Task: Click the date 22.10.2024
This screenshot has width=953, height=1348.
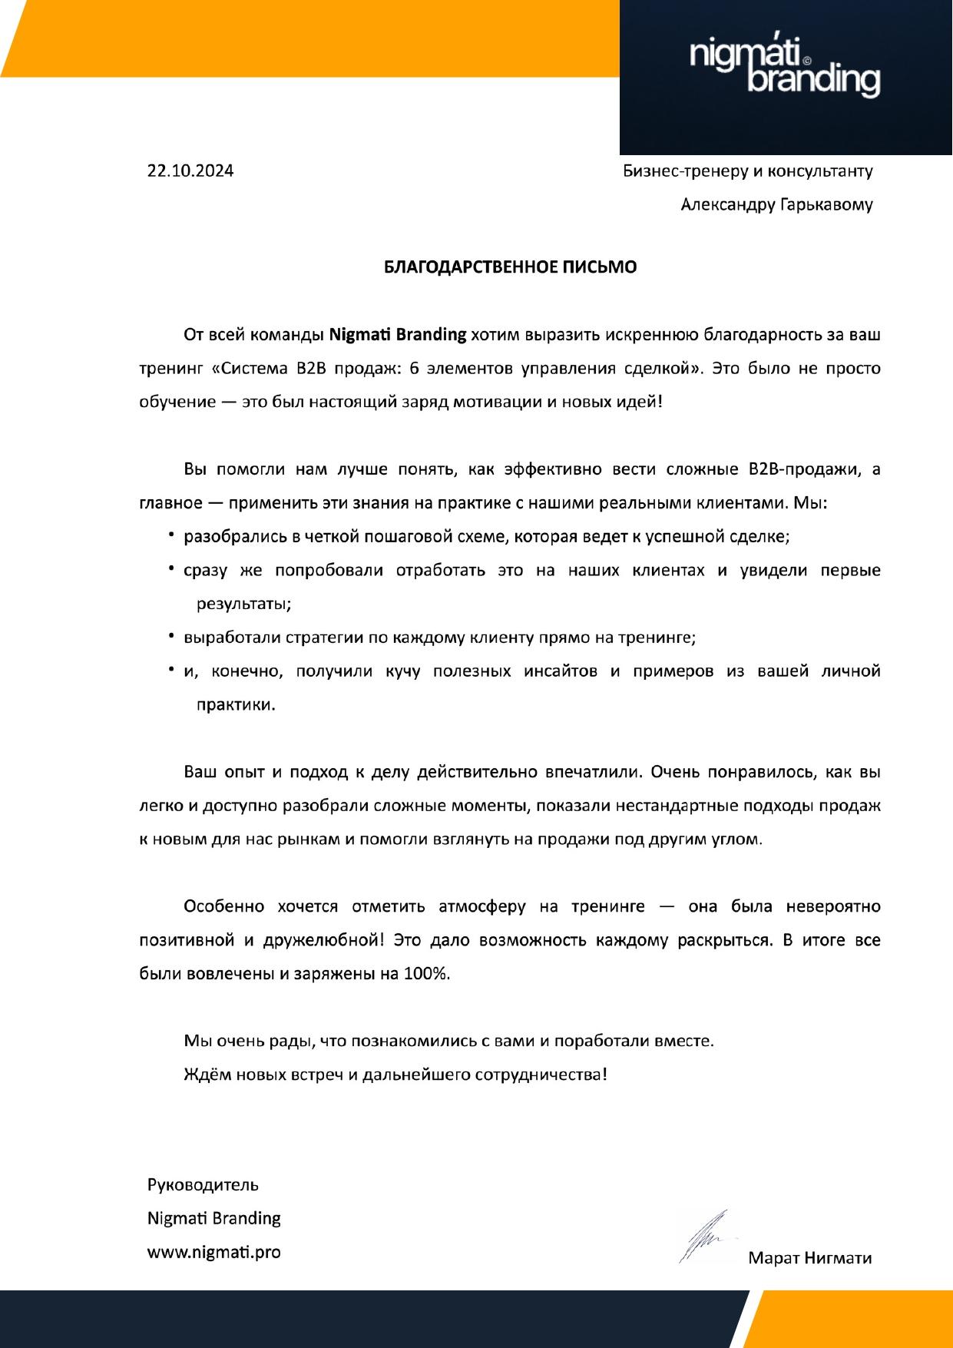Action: click(190, 171)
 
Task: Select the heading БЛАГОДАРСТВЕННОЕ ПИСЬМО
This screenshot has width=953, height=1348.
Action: click(510, 267)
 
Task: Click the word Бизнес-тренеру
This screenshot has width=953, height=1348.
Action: click(683, 171)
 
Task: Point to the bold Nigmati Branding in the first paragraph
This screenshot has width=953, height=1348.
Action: click(398, 335)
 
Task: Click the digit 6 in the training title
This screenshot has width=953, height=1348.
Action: click(415, 369)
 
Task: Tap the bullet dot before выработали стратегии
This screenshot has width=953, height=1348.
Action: click(171, 637)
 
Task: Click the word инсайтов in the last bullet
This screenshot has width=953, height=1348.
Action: click(560, 671)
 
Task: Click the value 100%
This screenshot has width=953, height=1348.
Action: click(426, 974)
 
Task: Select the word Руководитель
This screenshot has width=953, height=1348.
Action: click(203, 1184)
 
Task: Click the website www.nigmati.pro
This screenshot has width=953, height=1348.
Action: click(213, 1252)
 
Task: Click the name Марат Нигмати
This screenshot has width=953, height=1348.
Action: click(809, 1258)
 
